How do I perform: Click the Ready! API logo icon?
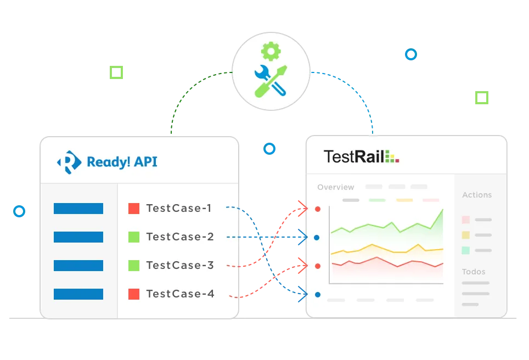coord(69,162)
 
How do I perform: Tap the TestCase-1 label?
coord(179,209)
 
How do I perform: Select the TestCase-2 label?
coord(180,237)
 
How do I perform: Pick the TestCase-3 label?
coord(180,266)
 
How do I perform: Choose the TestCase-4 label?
coord(180,294)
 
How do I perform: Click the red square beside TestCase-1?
coord(134,209)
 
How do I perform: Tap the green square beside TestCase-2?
coord(134,237)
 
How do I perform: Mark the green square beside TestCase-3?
coord(134,266)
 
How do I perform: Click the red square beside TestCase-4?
coord(134,294)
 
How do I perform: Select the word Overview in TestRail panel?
coord(336,187)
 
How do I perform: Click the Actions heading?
coord(477,195)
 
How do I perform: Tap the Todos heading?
coord(474,272)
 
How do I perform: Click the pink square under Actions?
coord(466,220)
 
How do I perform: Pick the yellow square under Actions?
coord(466,235)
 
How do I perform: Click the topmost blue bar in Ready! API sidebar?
coord(78,209)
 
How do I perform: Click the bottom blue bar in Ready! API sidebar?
coord(78,294)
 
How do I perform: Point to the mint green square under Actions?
coord(466,250)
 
